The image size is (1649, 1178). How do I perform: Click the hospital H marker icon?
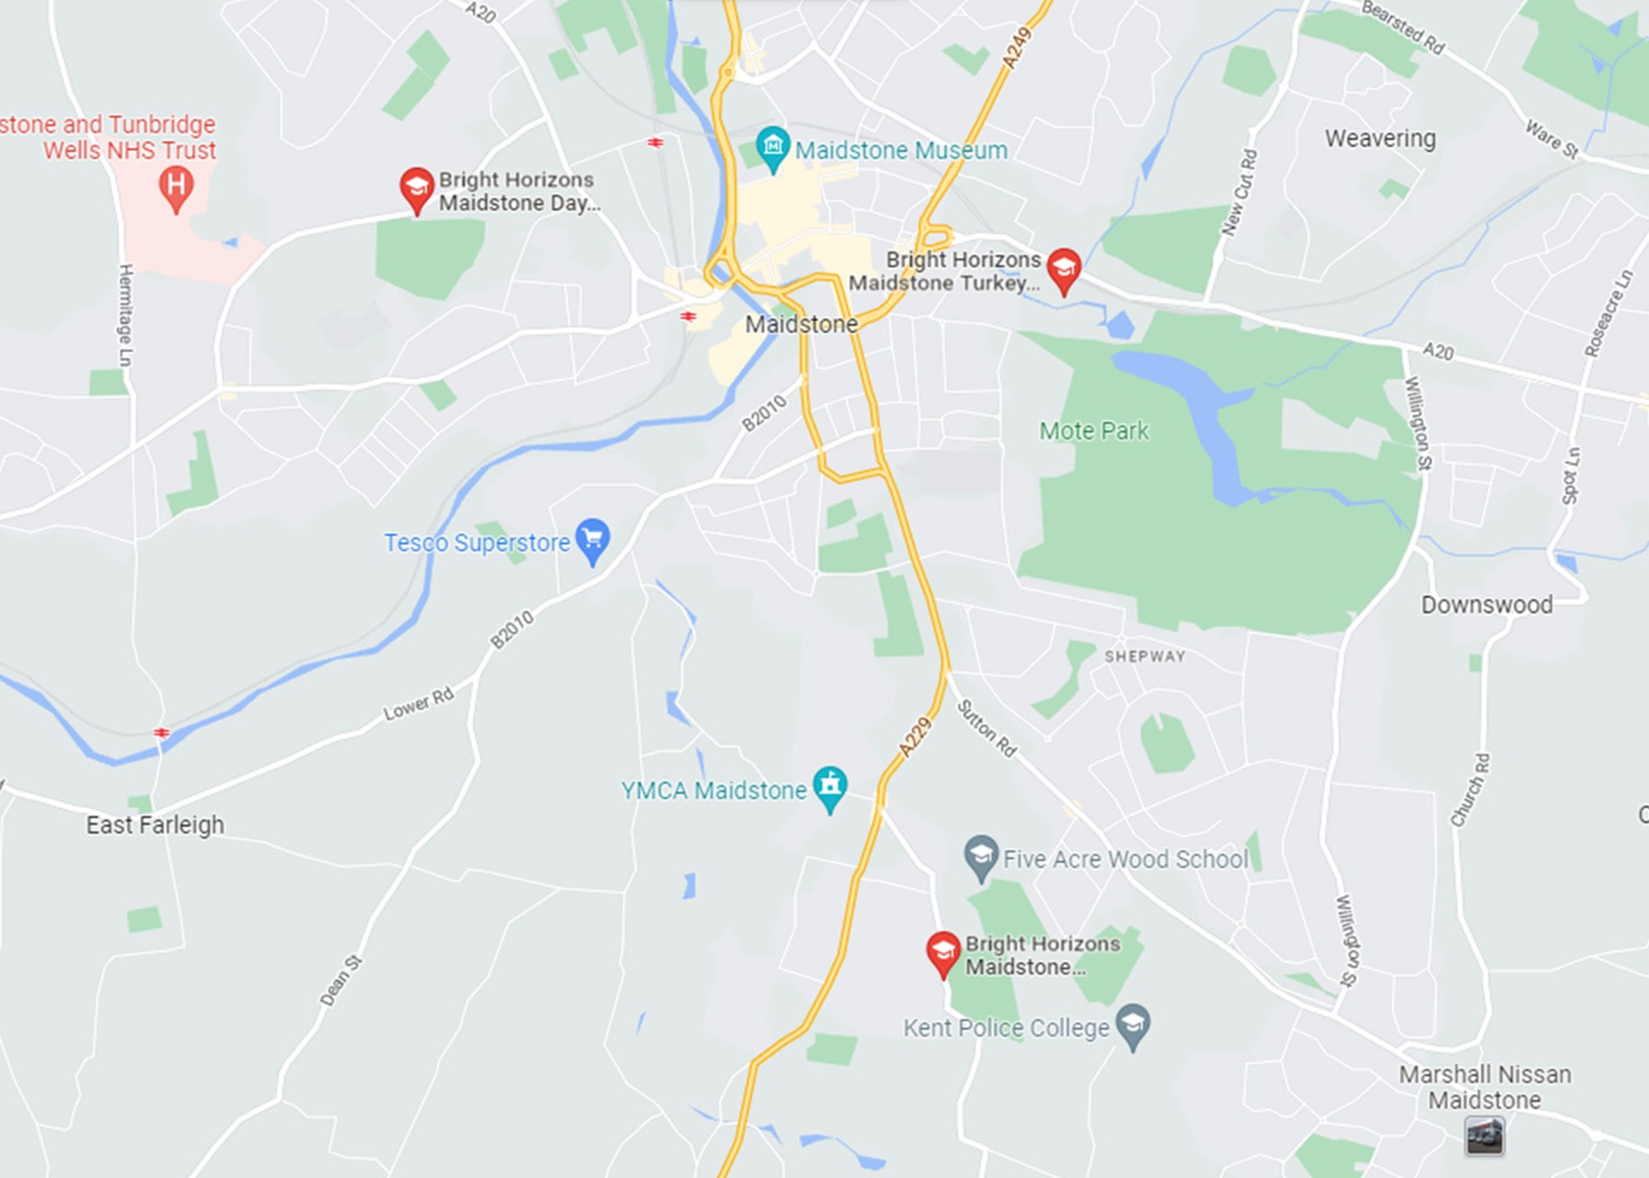176,187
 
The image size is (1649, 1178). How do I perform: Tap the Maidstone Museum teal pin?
773,148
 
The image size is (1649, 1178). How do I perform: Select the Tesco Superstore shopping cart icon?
592,540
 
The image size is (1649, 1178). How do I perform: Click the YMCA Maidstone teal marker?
830,787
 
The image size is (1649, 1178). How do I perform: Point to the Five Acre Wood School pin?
981,857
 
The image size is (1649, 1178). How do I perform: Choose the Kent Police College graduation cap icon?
1134,1026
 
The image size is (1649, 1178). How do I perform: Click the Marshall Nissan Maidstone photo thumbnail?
1484,1137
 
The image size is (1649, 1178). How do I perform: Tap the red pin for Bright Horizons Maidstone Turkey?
1064,269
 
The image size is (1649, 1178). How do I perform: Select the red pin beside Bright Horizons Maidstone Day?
416,188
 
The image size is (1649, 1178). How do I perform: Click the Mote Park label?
1093,431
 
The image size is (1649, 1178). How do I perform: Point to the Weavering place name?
1380,138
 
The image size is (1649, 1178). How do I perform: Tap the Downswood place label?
1487,605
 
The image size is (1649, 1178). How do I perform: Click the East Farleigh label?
155,825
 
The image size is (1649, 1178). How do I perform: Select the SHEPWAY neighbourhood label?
1144,656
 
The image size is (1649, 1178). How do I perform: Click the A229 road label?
915,737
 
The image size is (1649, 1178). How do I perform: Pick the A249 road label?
1017,47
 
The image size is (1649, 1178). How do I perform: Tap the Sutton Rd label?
986,727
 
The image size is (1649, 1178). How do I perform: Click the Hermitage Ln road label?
126,315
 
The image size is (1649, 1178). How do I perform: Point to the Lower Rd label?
418,703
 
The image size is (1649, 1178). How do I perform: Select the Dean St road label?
341,981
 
